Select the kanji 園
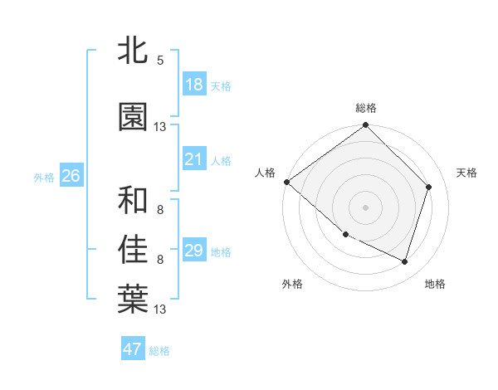(x=133, y=118)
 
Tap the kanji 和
(x=133, y=200)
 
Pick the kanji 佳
(x=133, y=249)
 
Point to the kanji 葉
(x=133, y=299)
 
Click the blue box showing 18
(x=193, y=85)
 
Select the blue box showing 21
(x=193, y=159)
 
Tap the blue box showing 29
(x=193, y=251)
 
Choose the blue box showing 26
(x=71, y=176)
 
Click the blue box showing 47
(x=133, y=349)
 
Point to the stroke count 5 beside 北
(x=160, y=61)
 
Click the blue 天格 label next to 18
(x=221, y=86)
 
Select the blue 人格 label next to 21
(x=221, y=161)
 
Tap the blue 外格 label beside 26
(x=44, y=178)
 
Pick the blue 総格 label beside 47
(x=159, y=351)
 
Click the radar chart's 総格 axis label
(x=365, y=108)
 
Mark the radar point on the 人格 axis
(x=286, y=182)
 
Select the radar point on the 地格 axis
(x=404, y=261)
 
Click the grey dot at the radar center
(x=365, y=207)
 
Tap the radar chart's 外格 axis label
(x=292, y=284)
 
